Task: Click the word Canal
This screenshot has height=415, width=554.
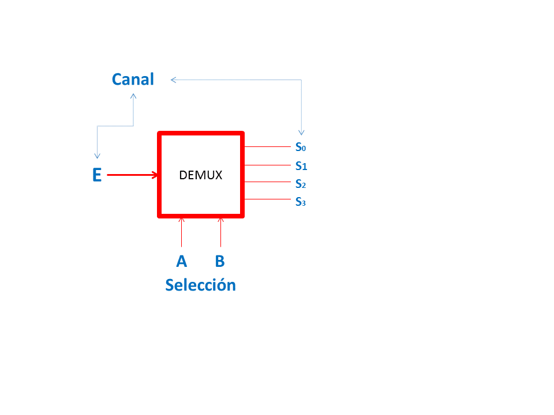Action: pyautogui.click(x=133, y=79)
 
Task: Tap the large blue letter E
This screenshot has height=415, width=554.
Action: pyautogui.click(x=97, y=175)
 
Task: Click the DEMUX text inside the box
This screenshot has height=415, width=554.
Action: pyautogui.click(x=200, y=175)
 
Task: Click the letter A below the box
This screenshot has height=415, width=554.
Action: pyautogui.click(x=182, y=261)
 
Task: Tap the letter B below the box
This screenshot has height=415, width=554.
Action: pyautogui.click(x=220, y=261)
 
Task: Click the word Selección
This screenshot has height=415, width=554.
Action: pyautogui.click(x=200, y=285)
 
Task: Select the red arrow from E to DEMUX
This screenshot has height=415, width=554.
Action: pyautogui.click(x=132, y=175)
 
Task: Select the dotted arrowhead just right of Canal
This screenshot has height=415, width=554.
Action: pyautogui.click(x=173, y=80)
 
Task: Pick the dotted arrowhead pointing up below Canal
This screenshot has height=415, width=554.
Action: pyautogui.click(x=133, y=96)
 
